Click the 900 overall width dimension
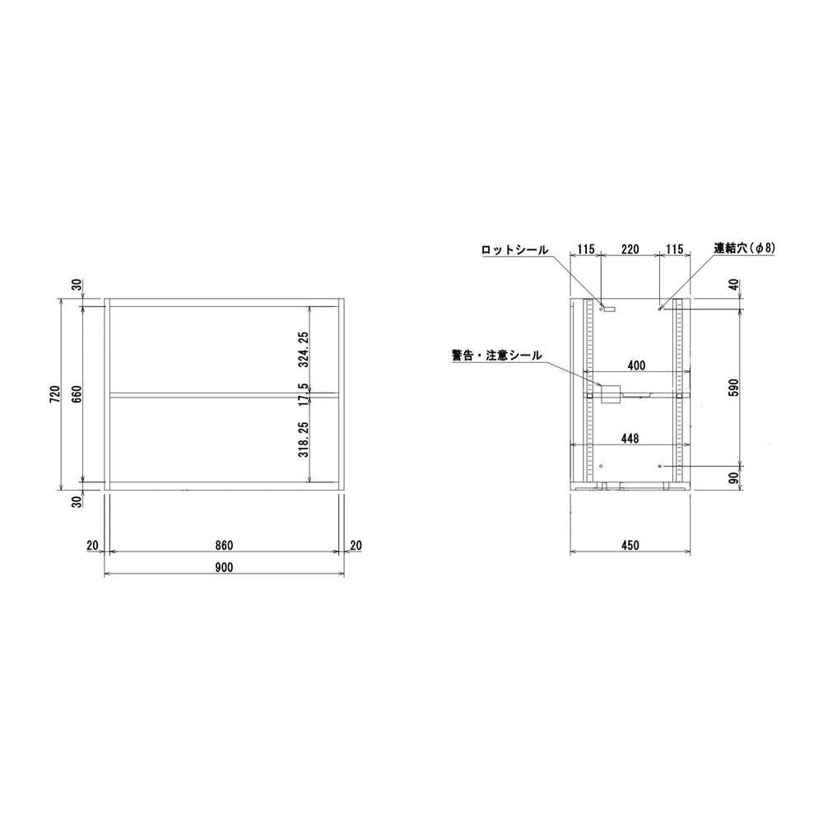(224, 567)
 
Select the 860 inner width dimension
(224, 546)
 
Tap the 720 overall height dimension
(56, 394)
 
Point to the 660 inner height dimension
(77, 394)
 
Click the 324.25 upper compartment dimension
(304, 349)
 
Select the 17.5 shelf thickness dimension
(304, 395)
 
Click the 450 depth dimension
(630, 546)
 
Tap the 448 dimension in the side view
(630, 438)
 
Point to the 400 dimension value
(636, 365)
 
